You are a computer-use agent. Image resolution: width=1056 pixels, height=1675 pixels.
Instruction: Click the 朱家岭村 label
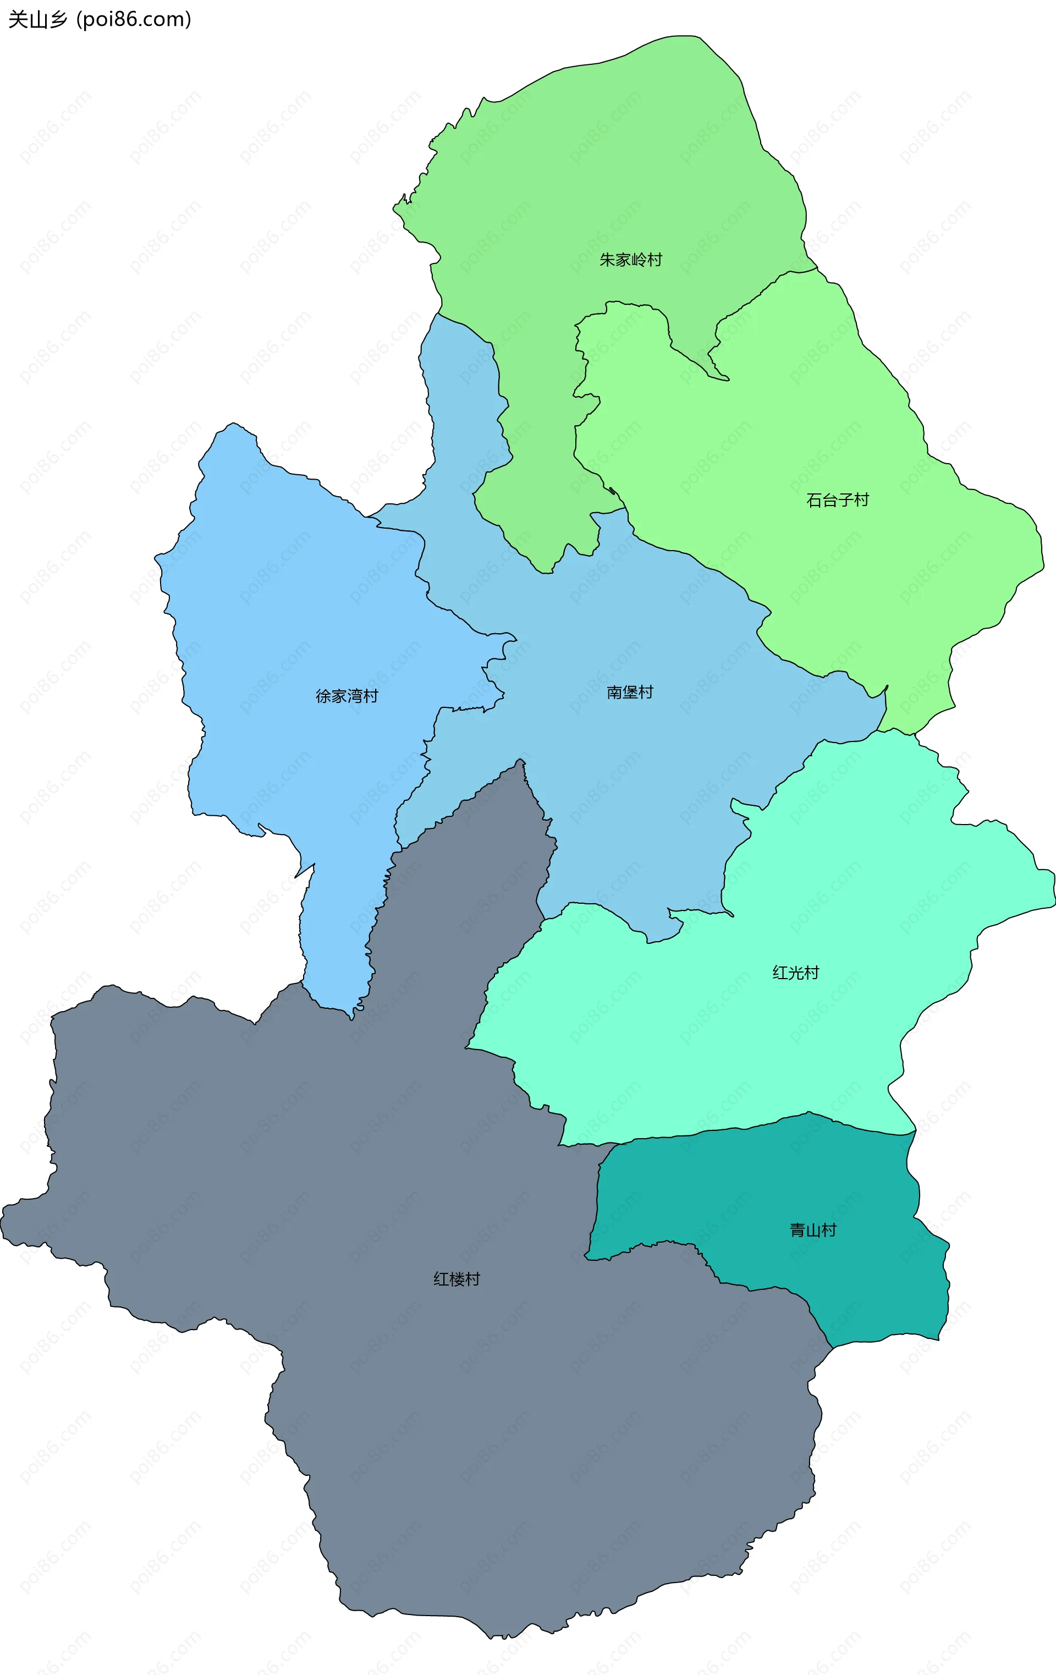pos(630,260)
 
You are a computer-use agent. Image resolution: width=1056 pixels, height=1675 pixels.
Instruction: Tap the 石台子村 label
pos(837,500)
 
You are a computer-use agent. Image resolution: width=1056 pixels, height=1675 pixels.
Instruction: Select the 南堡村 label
pos(630,692)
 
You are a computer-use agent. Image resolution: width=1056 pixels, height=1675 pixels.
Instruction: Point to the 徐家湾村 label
pos(346,696)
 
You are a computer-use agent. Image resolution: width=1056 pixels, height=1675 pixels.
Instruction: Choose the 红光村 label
pos(795,973)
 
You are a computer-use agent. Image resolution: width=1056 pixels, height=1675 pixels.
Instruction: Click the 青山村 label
pos(812,1230)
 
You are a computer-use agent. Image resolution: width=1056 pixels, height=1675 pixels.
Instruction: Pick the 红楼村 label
pos(457,1278)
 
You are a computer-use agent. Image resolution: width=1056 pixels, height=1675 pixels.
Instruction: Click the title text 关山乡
pos(37,19)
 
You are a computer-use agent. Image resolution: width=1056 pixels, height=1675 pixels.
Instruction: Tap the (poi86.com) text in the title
pos(134,19)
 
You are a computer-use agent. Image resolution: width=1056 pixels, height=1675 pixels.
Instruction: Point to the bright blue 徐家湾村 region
pos(292,626)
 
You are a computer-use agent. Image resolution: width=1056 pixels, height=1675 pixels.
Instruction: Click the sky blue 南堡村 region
pos(626,765)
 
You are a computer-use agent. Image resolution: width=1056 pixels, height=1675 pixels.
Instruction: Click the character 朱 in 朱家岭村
pos(607,260)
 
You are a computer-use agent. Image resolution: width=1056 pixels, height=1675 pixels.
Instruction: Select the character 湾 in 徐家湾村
pos(354,696)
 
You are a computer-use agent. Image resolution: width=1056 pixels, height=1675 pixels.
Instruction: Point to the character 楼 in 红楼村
pos(457,1278)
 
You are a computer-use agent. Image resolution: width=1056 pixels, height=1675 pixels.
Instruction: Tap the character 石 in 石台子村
pos(814,500)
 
